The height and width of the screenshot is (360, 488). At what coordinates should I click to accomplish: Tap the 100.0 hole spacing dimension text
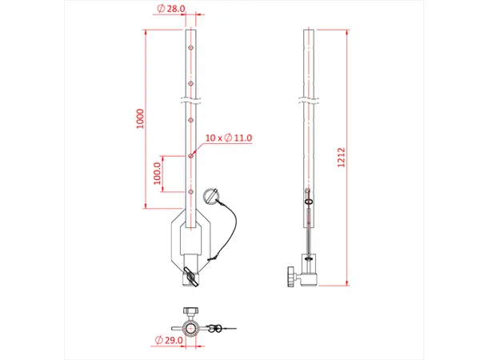[x=158, y=174]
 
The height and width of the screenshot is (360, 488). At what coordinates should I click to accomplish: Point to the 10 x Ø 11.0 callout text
[x=229, y=138]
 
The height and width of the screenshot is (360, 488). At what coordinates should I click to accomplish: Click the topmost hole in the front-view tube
[x=191, y=48]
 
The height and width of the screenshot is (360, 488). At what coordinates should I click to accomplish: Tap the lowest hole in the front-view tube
[x=191, y=191]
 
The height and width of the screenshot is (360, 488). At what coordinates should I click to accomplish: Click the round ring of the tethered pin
[x=211, y=195]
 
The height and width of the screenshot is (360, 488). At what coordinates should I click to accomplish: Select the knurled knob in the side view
[x=286, y=278]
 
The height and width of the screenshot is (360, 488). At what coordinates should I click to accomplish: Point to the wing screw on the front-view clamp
[x=192, y=276]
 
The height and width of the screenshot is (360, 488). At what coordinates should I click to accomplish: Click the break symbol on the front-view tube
[x=191, y=101]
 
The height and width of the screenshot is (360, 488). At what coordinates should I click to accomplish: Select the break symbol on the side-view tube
[x=309, y=101]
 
